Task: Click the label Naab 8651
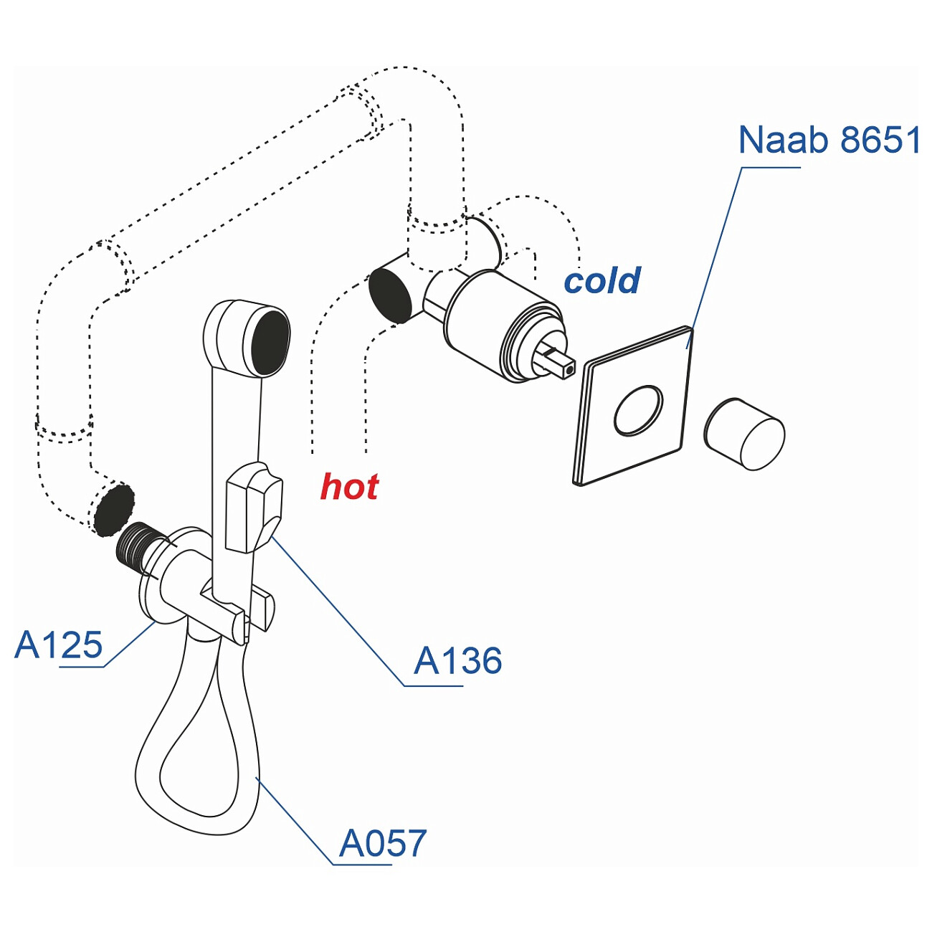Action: [x=829, y=140]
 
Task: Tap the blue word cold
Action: [x=601, y=280]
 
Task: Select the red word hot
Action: [x=349, y=487]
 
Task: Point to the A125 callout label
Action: [x=59, y=645]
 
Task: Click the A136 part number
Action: [x=457, y=660]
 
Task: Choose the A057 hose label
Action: [x=383, y=843]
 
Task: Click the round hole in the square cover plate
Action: [x=638, y=410]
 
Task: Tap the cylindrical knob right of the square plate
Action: [x=745, y=434]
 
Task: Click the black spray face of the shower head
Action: [x=270, y=343]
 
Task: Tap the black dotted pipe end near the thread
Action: [x=113, y=510]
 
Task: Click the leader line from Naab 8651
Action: [x=717, y=251]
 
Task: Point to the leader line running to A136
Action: [x=337, y=609]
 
